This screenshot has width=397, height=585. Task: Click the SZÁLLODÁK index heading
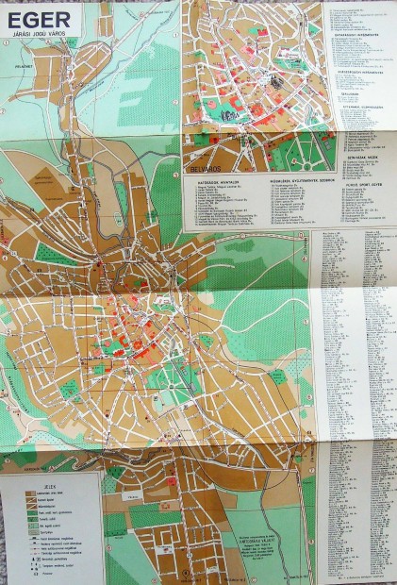click(348, 93)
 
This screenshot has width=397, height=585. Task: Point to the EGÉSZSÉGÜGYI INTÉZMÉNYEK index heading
click(358, 71)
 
